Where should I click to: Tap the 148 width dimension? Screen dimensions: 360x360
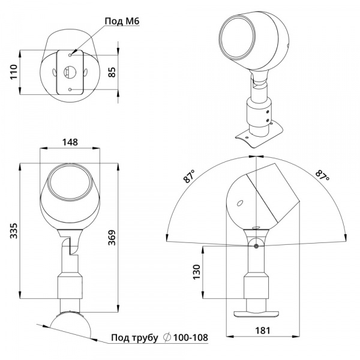70,142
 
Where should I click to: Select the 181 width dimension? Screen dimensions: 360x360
262,330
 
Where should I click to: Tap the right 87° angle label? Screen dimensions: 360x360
322,177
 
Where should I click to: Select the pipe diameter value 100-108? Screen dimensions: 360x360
191,338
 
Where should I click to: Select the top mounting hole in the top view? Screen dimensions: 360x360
71,55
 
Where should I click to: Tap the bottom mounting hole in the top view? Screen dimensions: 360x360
71,89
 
